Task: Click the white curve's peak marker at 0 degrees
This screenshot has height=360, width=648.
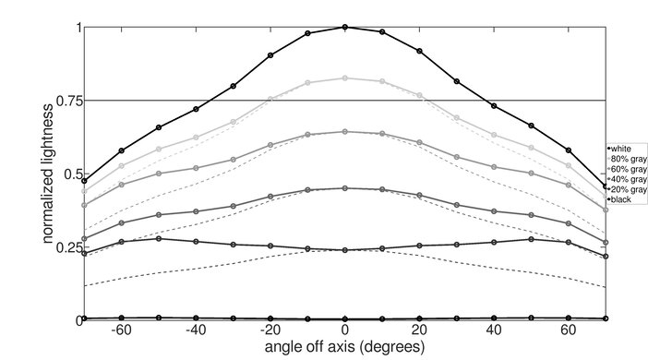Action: tap(345, 27)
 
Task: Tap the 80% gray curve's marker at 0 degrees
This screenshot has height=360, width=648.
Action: tap(345, 78)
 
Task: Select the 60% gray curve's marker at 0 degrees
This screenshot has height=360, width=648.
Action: tap(345, 132)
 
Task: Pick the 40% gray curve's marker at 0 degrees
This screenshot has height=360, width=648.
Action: tap(345, 188)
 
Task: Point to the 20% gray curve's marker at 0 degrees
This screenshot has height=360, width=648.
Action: tap(345, 250)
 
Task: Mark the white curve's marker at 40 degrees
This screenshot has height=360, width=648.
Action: tap(494, 106)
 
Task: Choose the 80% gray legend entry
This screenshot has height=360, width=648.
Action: tap(624, 159)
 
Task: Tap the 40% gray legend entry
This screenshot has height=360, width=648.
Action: tap(624, 179)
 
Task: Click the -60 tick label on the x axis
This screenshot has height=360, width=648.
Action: tap(119, 331)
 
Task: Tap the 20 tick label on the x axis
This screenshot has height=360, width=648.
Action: tap(419, 331)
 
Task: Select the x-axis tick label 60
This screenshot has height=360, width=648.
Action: tap(569, 331)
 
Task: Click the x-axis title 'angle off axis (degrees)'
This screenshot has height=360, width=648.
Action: tap(344, 348)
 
